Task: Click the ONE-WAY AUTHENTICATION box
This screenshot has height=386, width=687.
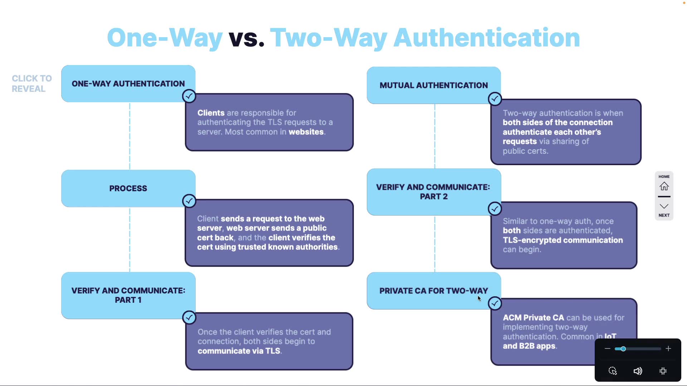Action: (128, 84)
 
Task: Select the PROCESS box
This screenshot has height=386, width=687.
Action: (128, 188)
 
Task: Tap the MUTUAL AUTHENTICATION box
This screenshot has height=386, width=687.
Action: (434, 85)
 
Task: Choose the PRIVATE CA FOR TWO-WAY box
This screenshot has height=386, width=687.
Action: (434, 291)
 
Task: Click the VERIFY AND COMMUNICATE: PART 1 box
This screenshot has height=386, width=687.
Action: (128, 295)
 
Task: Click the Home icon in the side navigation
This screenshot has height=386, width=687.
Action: (664, 186)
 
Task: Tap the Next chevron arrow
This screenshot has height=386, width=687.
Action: (664, 207)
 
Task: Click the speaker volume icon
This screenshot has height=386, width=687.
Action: (638, 371)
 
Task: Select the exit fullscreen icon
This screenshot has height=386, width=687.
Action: (663, 371)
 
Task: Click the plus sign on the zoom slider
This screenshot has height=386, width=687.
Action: (668, 349)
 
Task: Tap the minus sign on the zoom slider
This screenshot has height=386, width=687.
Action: (607, 349)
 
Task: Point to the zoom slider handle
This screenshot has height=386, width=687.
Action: (623, 349)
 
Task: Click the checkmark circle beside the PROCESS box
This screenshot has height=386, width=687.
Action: (189, 201)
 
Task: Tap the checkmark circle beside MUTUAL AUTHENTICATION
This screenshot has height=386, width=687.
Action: (495, 99)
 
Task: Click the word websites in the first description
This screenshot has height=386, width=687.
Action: (306, 132)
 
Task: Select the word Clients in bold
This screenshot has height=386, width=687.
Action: (211, 113)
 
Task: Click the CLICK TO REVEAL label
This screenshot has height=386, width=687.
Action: (31, 84)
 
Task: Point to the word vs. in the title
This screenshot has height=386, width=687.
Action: (247, 38)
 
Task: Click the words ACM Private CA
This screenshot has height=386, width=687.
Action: (533, 318)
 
